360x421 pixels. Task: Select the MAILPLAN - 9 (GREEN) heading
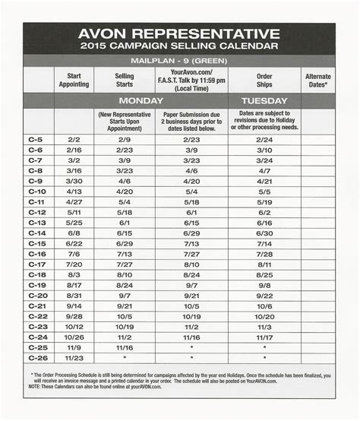pyautogui.click(x=179, y=60)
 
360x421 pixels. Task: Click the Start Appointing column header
pyautogui.click(x=74, y=80)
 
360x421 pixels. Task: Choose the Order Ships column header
pyautogui.click(x=264, y=80)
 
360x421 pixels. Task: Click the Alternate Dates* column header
pyautogui.click(x=317, y=80)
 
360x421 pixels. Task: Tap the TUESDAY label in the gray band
pyautogui.click(x=264, y=100)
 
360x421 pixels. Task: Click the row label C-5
pyautogui.click(x=36, y=140)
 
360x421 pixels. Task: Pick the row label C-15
pyautogui.click(x=36, y=243)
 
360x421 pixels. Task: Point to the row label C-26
pyautogui.click(x=36, y=357)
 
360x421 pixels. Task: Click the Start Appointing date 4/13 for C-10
pyautogui.click(x=74, y=192)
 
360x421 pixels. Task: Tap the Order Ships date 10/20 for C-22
pyautogui.click(x=264, y=315)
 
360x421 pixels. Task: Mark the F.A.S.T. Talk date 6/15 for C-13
pyautogui.click(x=191, y=223)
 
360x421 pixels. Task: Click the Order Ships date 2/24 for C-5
pyautogui.click(x=264, y=140)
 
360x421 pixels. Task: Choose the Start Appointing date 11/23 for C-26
pyautogui.click(x=74, y=357)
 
